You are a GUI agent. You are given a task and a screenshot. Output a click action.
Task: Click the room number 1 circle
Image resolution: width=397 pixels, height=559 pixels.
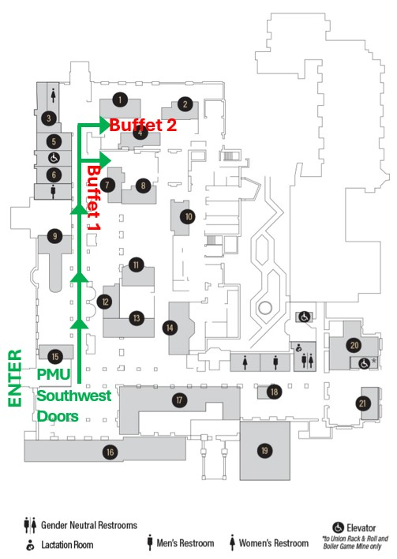point(119,99)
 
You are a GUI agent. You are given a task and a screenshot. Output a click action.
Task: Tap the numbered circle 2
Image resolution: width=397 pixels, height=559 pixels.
point(185,103)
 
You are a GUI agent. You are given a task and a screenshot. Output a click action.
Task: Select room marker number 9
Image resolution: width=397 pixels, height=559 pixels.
point(54,234)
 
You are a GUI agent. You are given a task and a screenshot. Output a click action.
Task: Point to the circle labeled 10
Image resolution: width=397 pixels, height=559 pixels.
point(188,216)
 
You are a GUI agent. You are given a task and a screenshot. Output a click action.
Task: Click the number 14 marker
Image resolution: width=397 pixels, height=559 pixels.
point(170,326)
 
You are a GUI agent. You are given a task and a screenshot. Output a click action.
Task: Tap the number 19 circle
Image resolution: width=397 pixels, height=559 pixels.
point(264,450)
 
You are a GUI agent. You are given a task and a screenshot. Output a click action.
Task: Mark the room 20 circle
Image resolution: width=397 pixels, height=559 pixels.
point(354,345)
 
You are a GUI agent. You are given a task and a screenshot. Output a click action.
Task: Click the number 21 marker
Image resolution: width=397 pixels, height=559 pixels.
point(363,403)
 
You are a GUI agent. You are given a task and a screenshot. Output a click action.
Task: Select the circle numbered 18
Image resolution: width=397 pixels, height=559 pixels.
point(274,392)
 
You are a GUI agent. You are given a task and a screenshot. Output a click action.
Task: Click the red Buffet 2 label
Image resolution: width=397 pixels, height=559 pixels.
point(143,125)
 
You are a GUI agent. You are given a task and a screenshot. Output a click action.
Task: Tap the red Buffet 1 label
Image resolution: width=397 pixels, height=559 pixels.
point(94,197)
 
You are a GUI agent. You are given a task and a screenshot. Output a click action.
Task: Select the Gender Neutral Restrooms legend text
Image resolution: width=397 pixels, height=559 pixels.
point(89,525)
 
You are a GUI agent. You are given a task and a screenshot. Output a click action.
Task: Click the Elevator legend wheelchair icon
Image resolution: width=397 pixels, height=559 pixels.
point(339,527)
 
